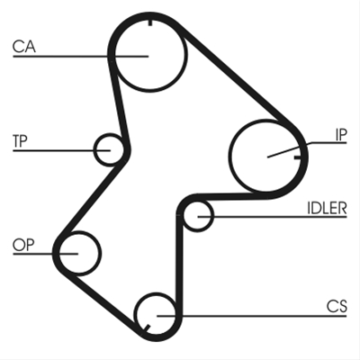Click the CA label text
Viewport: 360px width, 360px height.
tap(24, 47)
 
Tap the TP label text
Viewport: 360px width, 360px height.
tap(20, 140)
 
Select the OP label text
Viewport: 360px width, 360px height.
tap(23, 245)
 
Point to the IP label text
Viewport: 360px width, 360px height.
tap(341, 135)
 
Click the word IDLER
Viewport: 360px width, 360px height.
tap(327, 208)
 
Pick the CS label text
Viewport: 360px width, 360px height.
tap(337, 306)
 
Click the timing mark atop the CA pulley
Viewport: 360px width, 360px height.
tap(149, 22)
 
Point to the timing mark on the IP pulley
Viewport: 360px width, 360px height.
tap(297, 157)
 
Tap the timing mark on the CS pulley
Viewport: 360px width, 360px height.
tap(147, 328)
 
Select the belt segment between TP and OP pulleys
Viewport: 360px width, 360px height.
tap(92, 199)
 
